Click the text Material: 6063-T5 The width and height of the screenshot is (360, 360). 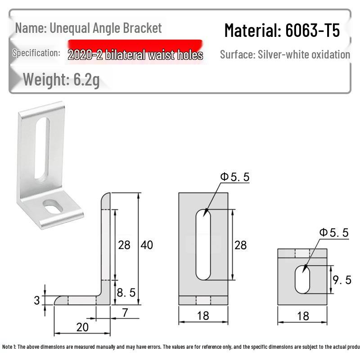coord(282,31)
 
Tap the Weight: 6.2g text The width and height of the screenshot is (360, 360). coord(61,79)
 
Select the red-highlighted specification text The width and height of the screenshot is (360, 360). coord(135,55)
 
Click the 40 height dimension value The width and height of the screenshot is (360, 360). coord(147,245)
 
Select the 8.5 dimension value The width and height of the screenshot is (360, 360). coord(126,292)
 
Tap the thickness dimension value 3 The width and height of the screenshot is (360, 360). coord(37,300)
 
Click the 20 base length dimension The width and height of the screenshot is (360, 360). coord(82,327)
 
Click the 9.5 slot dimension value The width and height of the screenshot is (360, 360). coord(342,280)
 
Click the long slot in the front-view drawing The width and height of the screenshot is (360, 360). coord(203,244)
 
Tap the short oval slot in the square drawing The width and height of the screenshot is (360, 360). coord(302,279)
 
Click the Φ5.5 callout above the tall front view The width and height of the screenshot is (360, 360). coord(234,177)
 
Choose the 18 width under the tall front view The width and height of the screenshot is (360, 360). coord(203,315)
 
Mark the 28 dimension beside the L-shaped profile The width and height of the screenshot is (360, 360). coord(124,245)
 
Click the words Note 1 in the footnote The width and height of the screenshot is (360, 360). coord(9,347)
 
